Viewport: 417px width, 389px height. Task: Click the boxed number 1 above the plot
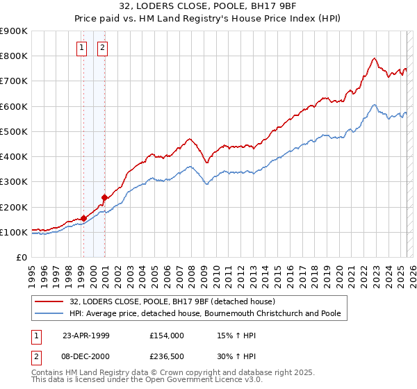click(x=82, y=48)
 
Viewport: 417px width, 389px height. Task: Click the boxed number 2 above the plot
click(x=102, y=48)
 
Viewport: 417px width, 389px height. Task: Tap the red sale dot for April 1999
click(x=83, y=218)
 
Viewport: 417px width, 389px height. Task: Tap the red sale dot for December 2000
click(x=104, y=197)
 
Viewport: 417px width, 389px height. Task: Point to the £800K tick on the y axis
click(x=14, y=56)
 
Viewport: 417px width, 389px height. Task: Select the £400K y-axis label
click(x=14, y=157)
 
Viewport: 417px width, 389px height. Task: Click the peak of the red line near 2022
click(x=374, y=58)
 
